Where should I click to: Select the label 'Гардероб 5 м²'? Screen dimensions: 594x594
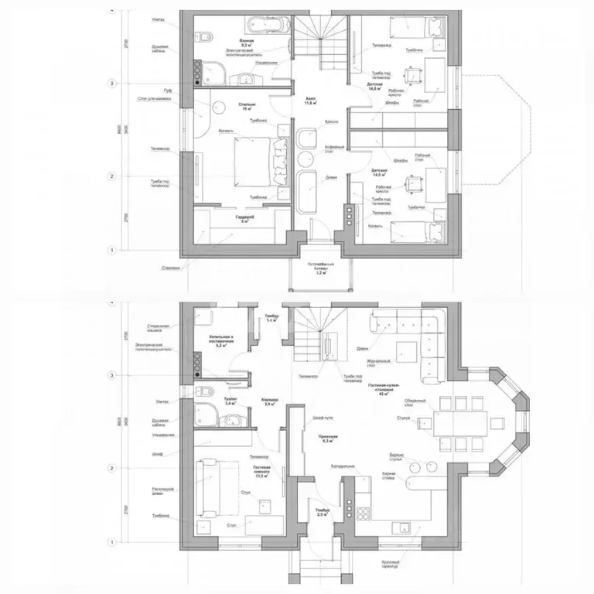click(x=244, y=219)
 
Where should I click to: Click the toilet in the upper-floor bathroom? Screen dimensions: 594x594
click(x=205, y=36)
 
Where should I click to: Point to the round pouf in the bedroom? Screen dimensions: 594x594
click(x=219, y=107)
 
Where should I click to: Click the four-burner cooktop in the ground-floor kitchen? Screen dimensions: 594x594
click(x=362, y=512)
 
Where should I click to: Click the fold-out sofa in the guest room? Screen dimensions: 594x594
click(x=208, y=487)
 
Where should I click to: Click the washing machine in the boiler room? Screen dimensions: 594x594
click(x=205, y=317)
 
